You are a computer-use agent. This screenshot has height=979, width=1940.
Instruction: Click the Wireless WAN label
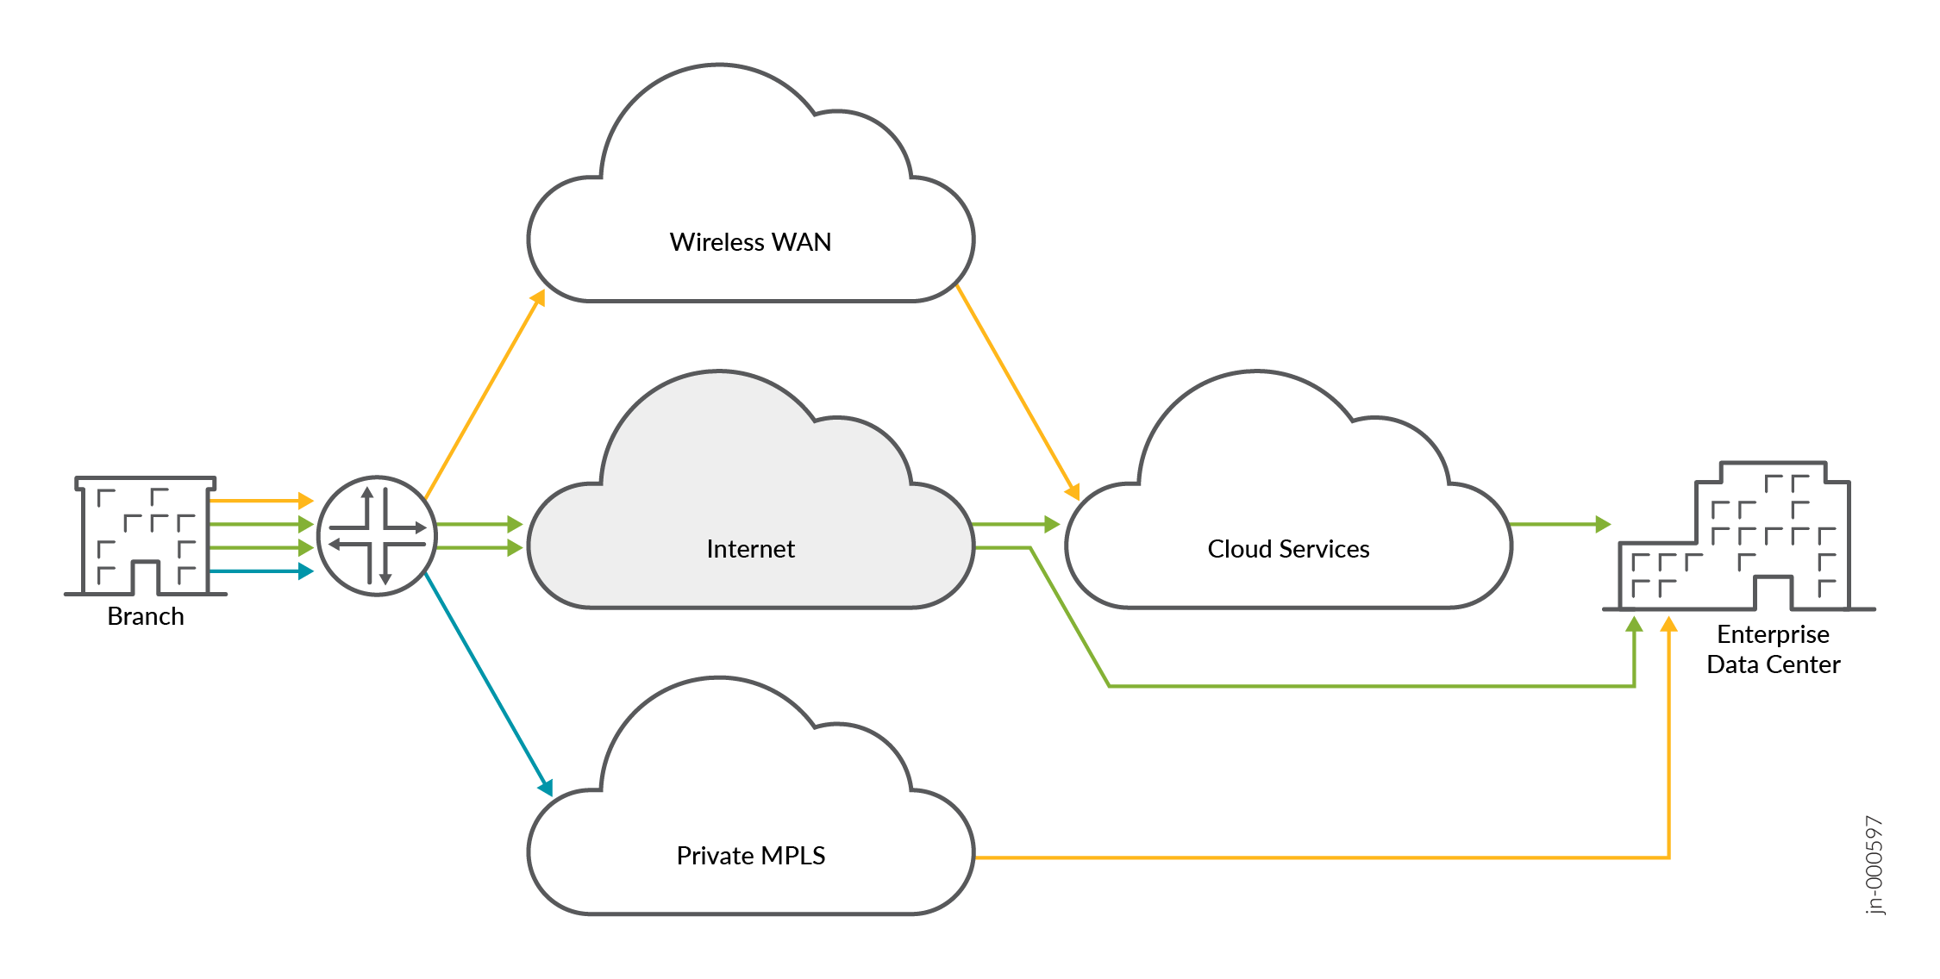(x=750, y=242)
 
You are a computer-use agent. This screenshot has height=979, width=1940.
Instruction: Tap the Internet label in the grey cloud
(x=750, y=549)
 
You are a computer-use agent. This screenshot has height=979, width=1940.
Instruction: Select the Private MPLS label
(x=750, y=856)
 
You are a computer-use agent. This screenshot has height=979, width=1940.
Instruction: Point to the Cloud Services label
(x=1288, y=549)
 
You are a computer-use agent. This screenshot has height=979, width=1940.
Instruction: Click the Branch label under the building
(x=146, y=616)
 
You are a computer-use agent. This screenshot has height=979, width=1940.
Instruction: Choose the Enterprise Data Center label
(x=1773, y=650)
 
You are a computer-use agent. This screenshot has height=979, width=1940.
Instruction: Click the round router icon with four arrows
(x=378, y=536)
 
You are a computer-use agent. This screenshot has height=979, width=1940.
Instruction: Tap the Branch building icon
(x=146, y=534)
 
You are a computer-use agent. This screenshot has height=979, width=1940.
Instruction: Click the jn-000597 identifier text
(x=1874, y=864)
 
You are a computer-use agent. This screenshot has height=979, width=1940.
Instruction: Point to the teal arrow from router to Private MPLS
(x=487, y=681)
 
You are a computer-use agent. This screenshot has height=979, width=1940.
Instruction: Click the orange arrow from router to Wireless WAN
(x=483, y=396)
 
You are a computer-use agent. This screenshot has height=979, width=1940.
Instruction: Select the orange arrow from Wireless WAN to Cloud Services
(x=1017, y=392)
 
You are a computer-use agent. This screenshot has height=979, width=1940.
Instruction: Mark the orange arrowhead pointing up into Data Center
(x=1669, y=625)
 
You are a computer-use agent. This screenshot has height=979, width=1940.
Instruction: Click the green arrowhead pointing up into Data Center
(x=1634, y=625)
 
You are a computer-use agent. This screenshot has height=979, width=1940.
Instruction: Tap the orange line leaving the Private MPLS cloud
(x=1293, y=857)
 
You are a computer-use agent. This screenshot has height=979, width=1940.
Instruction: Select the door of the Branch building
(x=146, y=578)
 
